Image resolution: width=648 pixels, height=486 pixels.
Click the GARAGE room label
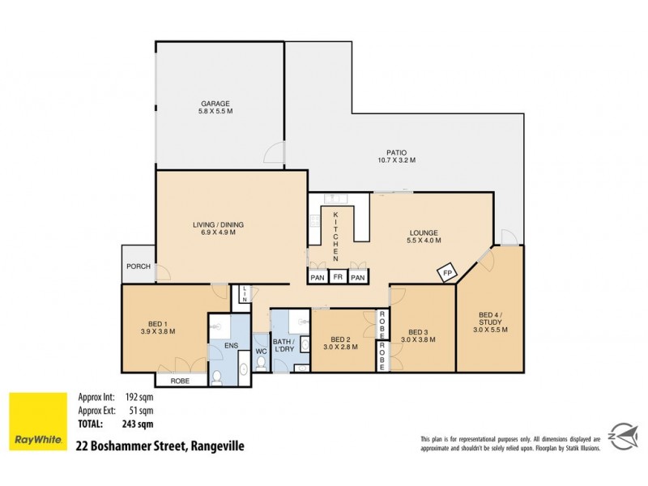(216, 104)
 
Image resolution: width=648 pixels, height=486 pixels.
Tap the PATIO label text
(395, 151)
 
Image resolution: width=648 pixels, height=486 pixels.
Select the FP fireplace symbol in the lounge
(446, 274)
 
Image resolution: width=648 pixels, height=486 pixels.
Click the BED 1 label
(159, 322)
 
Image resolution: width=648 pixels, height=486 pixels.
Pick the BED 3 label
(417, 332)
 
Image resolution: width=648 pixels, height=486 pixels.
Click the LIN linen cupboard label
(243, 295)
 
